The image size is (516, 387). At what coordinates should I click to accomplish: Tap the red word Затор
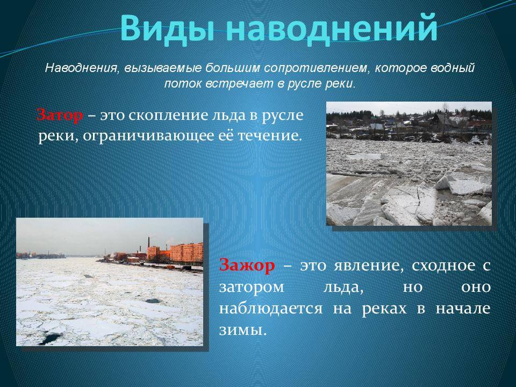coord(60,116)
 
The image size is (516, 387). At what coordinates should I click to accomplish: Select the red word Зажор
coord(247,265)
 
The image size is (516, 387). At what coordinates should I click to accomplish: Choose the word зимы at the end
coord(242,330)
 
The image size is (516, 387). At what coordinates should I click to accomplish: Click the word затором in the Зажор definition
coord(252,288)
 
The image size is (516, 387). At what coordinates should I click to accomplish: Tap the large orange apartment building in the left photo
coord(187,252)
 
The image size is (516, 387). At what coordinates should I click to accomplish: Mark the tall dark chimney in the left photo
coord(148,242)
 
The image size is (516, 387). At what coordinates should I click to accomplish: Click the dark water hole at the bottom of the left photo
coord(51,338)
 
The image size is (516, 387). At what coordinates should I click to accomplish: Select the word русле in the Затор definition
coord(283,117)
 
